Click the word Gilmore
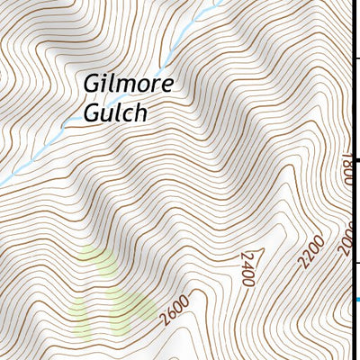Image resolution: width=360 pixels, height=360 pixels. click(x=127, y=84)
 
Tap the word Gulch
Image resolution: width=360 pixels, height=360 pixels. click(x=114, y=114)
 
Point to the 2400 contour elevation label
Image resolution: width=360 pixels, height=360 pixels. click(x=247, y=270)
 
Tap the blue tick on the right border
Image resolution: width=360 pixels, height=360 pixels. click(x=356, y=300)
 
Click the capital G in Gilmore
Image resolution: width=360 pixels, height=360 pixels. click(x=92, y=84)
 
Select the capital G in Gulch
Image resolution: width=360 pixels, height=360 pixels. click(x=93, y=114)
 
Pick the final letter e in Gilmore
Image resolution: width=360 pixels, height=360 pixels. click(x=164, y=85)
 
